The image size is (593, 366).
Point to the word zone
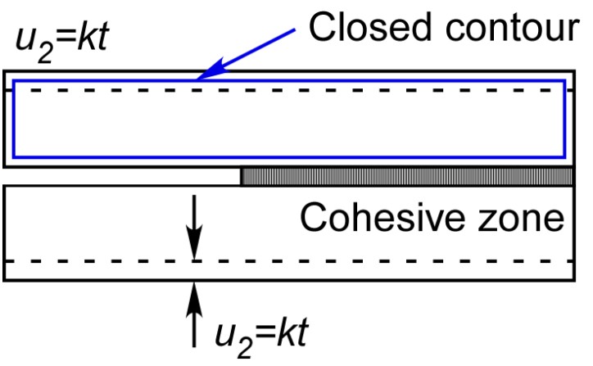pos(521,219)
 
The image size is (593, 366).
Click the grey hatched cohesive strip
pos(406,176)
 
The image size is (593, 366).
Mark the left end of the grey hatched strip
pos(241,176)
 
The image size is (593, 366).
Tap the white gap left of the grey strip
pos(123,176)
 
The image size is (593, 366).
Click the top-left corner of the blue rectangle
pos(13,81)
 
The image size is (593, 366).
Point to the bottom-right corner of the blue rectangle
pos(565,156)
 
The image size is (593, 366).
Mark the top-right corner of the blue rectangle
pos(565,81)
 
